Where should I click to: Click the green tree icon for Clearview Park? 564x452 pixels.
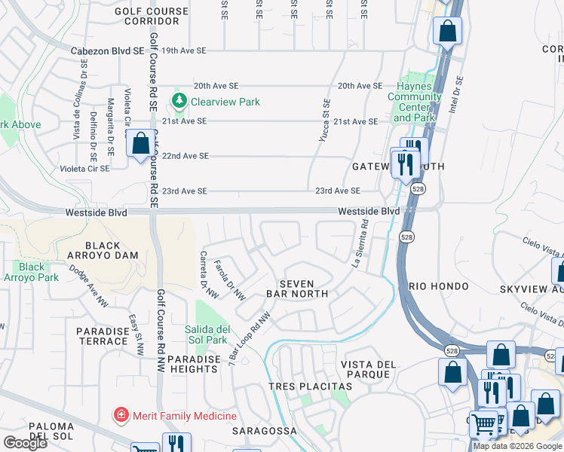click(179, 100)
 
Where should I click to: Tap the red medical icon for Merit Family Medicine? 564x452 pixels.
click(120, 415)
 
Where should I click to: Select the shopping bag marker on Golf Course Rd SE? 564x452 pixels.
click(140, 143)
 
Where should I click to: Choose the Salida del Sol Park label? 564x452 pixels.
click(207, 334)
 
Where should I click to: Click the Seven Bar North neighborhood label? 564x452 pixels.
click(299, 287)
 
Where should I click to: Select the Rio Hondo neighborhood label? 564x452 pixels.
click(440, 287)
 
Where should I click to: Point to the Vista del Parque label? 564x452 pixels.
click(368, 370)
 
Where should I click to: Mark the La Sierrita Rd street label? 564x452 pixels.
click(359, 242)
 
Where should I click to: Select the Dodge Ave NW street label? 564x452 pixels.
click(89, 285)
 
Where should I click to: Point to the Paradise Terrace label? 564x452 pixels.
click(103, 336)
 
